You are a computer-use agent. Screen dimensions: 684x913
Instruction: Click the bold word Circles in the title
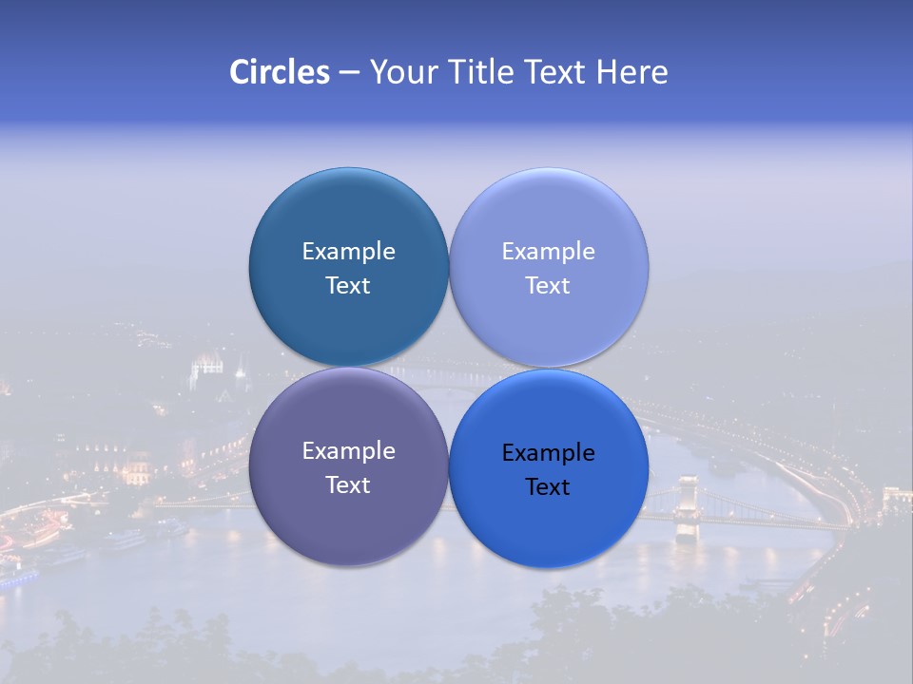click(280, 72)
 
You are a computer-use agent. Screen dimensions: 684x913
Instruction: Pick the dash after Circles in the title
click(349, 73)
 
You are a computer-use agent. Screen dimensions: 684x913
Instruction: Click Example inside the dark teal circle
click(348, 251)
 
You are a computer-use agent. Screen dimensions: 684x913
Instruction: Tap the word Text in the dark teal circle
click(348, 285)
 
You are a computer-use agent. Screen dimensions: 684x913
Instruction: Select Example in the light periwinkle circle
click(548, 251)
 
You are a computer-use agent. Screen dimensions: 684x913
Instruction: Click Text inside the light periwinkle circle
click(548, 285)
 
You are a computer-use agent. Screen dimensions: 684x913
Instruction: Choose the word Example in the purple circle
click(348, 450)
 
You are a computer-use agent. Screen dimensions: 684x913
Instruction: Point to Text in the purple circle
click(348, 484)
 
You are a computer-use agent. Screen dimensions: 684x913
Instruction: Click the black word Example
click(548, 452)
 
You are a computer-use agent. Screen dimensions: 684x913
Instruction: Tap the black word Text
click(548, 486)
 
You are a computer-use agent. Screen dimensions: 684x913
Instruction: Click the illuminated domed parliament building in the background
click(207, 370)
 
